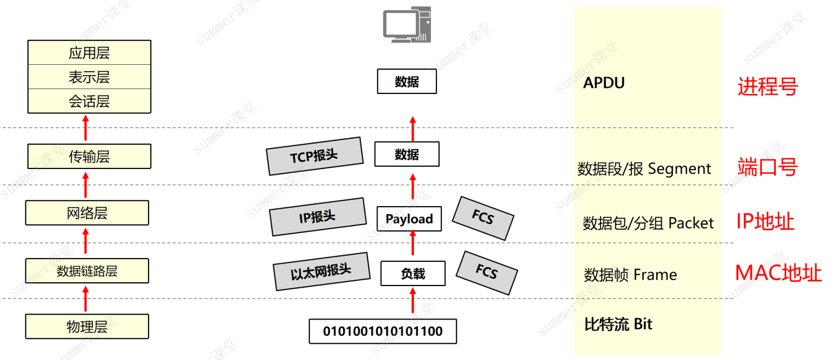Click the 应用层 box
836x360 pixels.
(x=89, y=52)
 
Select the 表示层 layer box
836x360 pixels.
(x=89, y=77)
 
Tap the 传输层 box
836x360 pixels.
(x=89, y=157)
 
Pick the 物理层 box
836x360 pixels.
(x=87, y=327)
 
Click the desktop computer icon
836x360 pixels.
(x=407, y=25)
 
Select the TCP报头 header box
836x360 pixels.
(x=315, y=156)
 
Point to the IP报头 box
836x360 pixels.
(x=318, y=217)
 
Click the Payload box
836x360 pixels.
(x=409, y=219)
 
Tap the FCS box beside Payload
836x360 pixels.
(x=483, y=218)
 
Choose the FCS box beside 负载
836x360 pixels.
(x=487, y=273)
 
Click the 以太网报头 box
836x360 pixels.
(x=321, y=271)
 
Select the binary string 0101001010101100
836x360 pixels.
(x=383, y=331)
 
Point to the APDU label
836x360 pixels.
(x=604, y=83)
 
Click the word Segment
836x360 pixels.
(x=679, y=169)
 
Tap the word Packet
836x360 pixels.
(x=691, y=223)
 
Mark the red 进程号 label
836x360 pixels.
(x=768, y=86)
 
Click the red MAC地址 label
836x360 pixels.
(x=778, y=273)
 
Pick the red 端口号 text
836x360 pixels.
(x=768, y=167)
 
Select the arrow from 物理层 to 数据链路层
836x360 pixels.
(x=86, y=298)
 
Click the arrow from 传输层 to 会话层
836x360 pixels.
(x=86, y=127)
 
